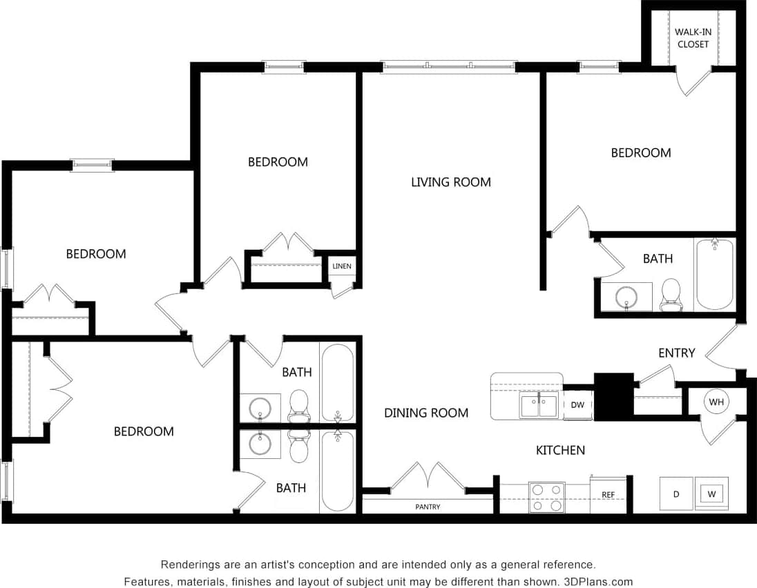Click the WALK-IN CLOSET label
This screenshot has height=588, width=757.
click(x=692, y=38)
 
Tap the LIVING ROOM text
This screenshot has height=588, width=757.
click(x=450, y=182)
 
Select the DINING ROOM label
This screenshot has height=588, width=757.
click(x=426, y=413)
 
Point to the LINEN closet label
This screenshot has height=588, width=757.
click(x=341, y=266)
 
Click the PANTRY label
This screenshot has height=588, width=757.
click(x=428, y=507)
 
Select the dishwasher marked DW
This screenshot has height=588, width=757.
click(x=577, y=405)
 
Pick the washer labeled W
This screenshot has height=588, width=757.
click(x=711, y=493)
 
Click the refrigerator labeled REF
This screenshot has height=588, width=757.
click(x=608, y=495)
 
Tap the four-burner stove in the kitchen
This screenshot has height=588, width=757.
click(x=546, y=497)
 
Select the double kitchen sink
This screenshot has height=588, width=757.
click(x=539, y=405)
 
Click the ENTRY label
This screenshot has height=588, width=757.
click(x=676, y=353)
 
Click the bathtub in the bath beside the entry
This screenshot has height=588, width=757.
click(x=714, y=274)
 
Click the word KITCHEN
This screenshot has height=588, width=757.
click(x=560, y=450)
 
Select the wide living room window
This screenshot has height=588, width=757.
click(x=449, y=67)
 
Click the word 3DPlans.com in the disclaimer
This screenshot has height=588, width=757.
click(x=598, y=582)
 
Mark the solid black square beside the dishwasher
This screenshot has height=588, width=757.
click(x=613, y=397)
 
